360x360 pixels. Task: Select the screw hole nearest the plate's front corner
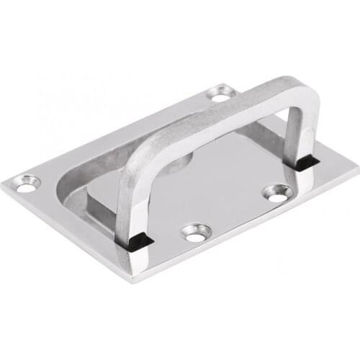[x=195, y=232]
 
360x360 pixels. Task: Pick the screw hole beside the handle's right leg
[x=276, y=192]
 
